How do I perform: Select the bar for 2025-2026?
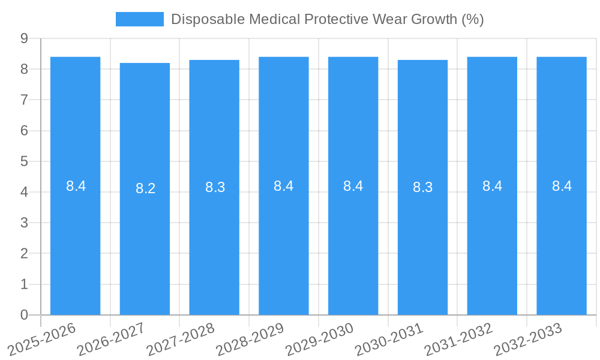75,240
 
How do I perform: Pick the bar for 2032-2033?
562,240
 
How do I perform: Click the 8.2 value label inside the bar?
145,188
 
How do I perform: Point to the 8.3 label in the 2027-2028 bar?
215,187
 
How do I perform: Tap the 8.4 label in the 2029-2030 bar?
353,186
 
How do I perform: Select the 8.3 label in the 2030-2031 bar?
422,187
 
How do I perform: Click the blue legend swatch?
139,19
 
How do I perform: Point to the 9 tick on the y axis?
24,38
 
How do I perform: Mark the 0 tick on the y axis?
24,315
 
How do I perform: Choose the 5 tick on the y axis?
24,161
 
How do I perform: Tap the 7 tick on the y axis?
24,100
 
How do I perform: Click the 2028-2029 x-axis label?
250,339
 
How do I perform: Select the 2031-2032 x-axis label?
459,339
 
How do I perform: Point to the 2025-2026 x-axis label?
42,339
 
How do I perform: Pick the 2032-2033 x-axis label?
528,339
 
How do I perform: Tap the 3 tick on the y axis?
24,223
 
